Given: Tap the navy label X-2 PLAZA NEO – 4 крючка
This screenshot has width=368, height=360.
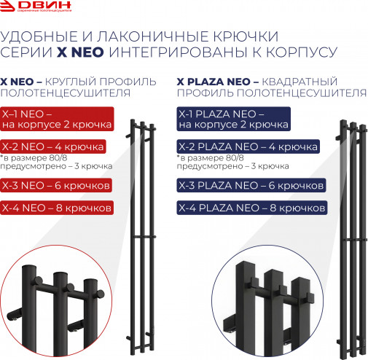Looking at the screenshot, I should pos(248,147).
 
